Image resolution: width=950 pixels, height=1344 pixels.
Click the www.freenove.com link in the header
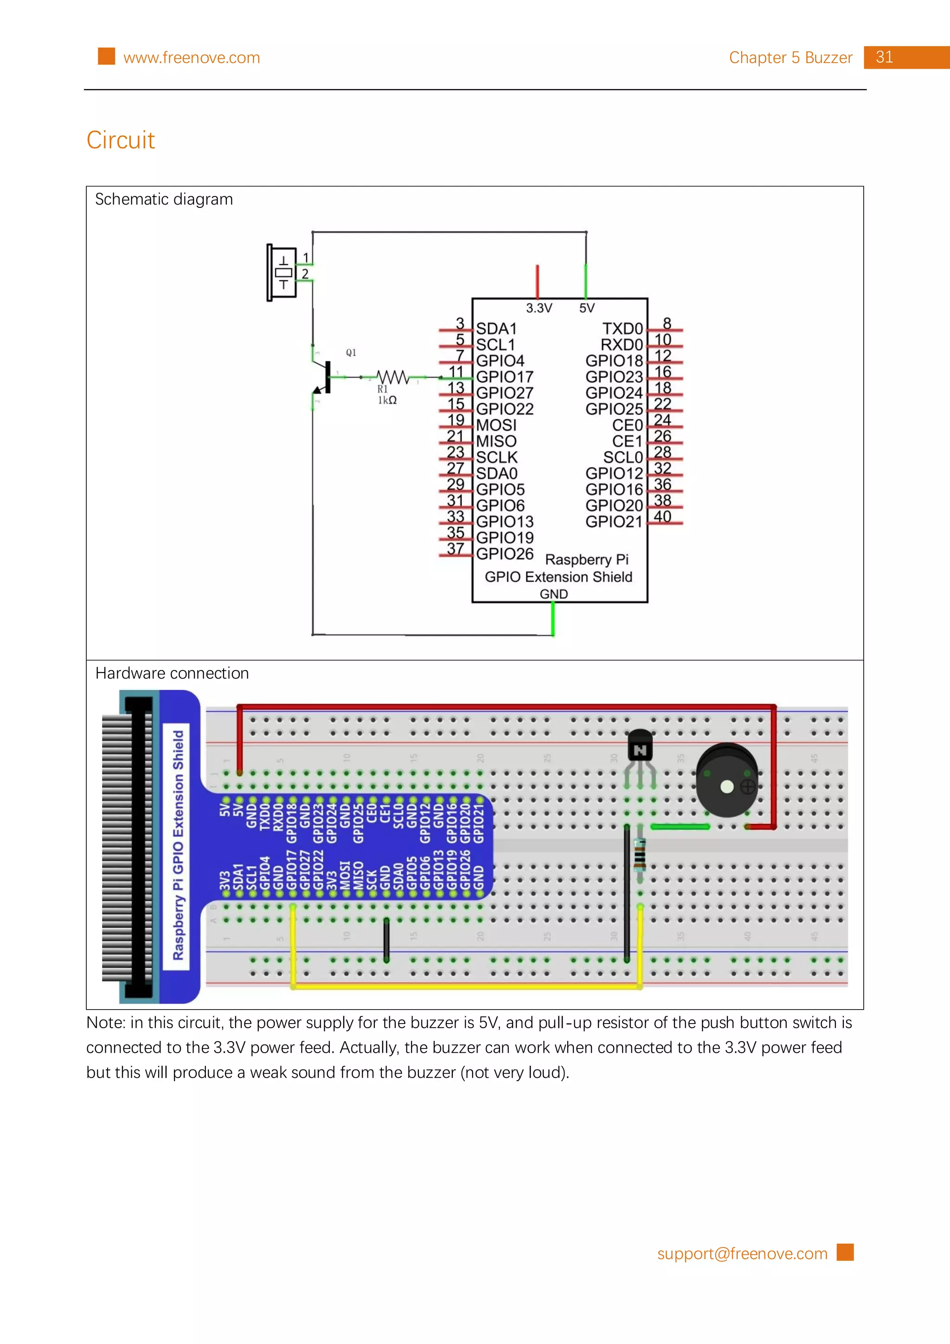[x=192, y=58]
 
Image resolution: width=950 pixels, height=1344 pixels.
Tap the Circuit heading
[x=121, y=140]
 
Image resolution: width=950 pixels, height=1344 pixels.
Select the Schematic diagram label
[x=164, y=199]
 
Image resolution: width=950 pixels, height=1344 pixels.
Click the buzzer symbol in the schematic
[x=282, y=273]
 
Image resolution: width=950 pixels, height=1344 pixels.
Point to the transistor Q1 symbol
[x=324, y=378]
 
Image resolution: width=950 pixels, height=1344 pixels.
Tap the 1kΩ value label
[x=387, y=400]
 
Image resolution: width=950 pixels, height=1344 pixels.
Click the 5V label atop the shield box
[x=586, y=308]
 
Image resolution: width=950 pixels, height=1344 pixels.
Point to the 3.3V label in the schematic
[x=539, y=308]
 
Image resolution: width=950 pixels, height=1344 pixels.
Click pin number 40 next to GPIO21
[x=662, y=517]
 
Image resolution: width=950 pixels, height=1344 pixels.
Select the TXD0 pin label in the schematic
[x=623, y=329]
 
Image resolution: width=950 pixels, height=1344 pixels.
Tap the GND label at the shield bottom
[x=553, y=594]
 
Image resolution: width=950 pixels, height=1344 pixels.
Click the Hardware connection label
[x=172, y=674]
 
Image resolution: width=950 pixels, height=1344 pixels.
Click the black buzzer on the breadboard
[x=726, y=780]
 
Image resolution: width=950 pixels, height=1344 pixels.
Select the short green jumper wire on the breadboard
[x=680, y=826]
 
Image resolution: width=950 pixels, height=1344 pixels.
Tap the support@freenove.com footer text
[x=742, y=1254]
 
